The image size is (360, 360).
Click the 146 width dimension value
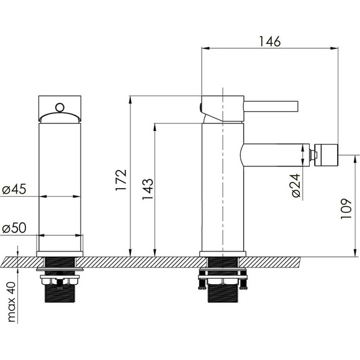click(x=269, y=42)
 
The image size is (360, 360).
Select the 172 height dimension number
click(x=121, y=180)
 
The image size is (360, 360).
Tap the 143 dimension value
click(x=148, y=189)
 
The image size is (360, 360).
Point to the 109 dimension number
click(x=346, y=209)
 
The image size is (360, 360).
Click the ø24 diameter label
click(x=296, y=186)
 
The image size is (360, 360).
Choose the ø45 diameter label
click(x=14, y=189)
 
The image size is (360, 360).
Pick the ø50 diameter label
click(x=14, y=228)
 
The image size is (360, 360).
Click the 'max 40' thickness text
click(x=11, y=302)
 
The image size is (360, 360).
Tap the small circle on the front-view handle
click(x=60, y=107)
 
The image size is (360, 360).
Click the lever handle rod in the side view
click(x=271, y=106)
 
